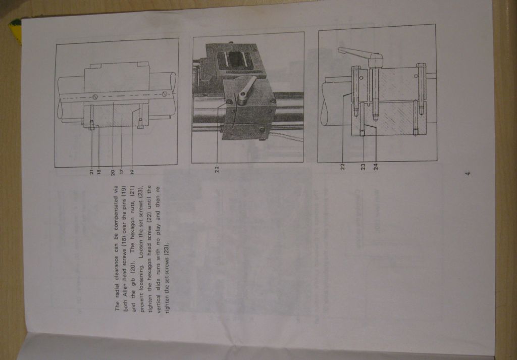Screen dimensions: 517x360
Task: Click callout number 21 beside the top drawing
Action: [x=91, y=172]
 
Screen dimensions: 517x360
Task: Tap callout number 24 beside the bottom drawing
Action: [x=376, y=167]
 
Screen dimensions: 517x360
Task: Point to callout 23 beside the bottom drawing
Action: [x=363, y=167]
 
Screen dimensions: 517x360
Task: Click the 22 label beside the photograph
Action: [x=217, y=169]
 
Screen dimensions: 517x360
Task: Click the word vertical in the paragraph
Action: [x=158, y=302]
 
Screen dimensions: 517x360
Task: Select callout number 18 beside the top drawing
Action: [x=98, y=172]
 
